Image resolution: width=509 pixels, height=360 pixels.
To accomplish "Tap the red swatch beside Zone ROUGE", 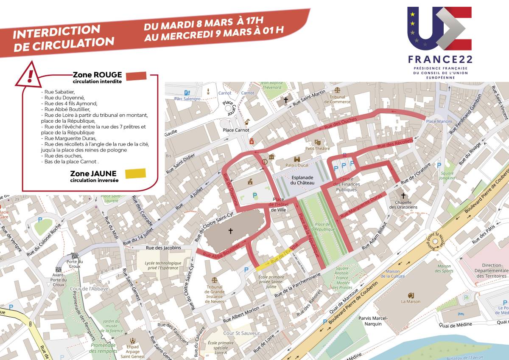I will [x=135, y=76].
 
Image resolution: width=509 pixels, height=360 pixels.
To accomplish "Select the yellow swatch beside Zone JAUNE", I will [x=135, y=174].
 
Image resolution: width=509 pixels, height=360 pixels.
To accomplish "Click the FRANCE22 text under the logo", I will [x=439, y=59].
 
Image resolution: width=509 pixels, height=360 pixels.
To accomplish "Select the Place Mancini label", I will [x=439, y=122].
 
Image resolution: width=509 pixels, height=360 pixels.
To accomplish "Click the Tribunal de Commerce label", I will [x=337, y=99].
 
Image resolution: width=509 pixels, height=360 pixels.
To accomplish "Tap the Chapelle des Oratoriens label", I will [x=403, y=205].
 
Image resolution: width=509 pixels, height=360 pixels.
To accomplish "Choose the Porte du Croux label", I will [x=75, y=264].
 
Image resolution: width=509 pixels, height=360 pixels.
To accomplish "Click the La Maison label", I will [x=411, y=301].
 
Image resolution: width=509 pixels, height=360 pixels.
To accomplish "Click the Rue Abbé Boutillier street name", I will [x=222, y=251].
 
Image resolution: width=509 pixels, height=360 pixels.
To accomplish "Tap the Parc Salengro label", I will [x=187, y=98].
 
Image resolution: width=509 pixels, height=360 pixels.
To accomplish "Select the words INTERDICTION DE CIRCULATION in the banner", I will [x=64, y=38].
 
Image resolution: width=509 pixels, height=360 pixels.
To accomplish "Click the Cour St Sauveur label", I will [x=241, y=333].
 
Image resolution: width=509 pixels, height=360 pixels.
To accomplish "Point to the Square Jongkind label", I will [x=447, y=175].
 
